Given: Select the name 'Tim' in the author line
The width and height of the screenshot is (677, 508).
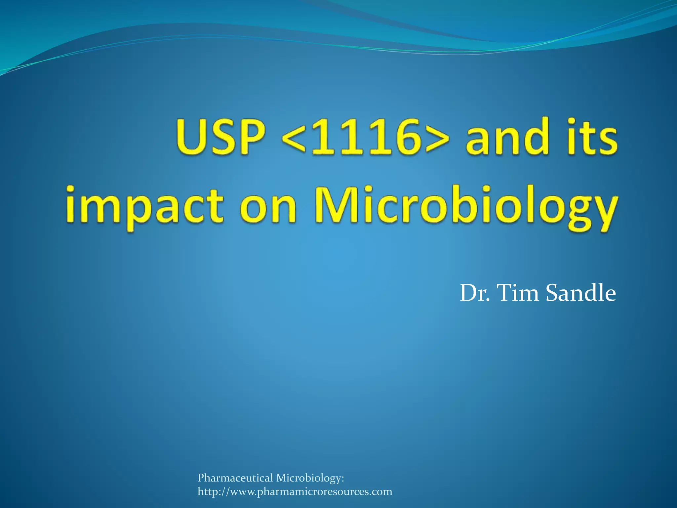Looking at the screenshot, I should [518, 293].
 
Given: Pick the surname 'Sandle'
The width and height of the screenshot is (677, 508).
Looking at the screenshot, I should [581, 293].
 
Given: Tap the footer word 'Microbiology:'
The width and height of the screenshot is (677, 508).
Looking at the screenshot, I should [310, 478].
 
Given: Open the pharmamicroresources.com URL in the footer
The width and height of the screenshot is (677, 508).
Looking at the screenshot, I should [295, 492].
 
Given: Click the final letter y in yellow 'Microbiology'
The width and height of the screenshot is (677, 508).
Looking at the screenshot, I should [603, 212].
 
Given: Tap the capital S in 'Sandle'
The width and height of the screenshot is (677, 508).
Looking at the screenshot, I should [553, 293].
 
